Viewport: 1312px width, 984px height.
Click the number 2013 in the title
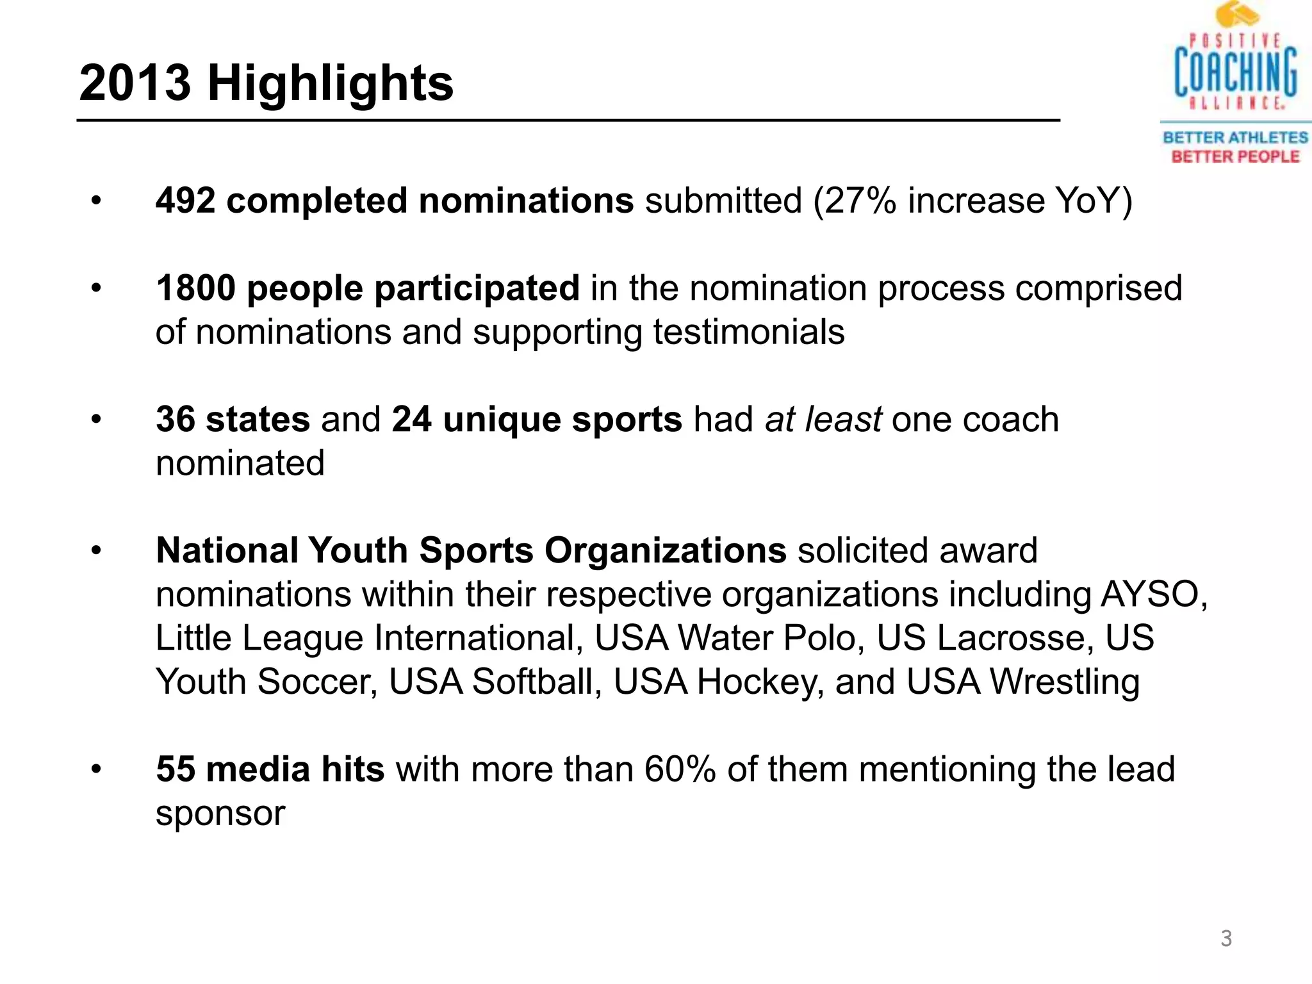point(135,83)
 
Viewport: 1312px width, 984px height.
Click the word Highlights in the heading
point(330,83)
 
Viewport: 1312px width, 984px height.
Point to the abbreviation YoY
point(1088,201)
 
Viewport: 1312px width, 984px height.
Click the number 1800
point(196,288)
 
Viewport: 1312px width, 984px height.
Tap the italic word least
point(843,420)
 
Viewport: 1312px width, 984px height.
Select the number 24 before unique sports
point(411,420)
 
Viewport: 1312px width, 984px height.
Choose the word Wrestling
point(1065,682)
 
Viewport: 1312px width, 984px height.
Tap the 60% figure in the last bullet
point(680,769)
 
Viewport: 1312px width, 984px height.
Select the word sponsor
point(220,814)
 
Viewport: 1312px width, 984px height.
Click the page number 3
point(1226,939)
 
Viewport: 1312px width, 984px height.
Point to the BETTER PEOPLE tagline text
point(1235,157)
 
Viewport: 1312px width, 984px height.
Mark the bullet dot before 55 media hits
point(96,769)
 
